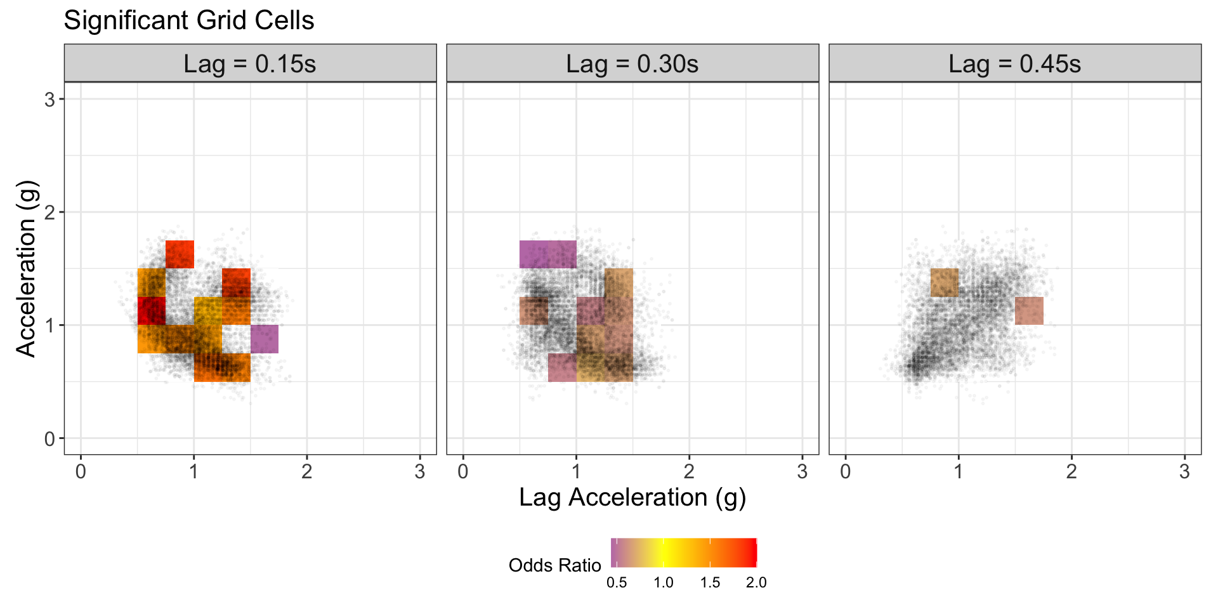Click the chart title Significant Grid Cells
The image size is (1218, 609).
(189, 20)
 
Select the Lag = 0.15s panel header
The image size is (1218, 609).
(250, 64)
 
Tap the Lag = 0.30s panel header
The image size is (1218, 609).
(632, 64)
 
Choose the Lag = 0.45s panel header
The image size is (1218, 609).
(1015, 64)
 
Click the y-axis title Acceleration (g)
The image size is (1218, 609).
(26, 269)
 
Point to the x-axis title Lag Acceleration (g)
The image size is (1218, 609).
(632, 497)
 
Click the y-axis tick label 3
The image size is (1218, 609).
(50, 100)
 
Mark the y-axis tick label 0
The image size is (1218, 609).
(50, 439)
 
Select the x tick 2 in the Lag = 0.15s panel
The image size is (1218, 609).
(307, 472)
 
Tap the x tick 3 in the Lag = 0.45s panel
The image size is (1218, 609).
(1184, 472)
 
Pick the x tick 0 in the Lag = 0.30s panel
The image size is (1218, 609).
(463, 472)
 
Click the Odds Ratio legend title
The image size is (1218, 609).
(554, 565)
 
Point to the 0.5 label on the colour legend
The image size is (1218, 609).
(617, 583)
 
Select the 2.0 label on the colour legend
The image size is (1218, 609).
(756, 583)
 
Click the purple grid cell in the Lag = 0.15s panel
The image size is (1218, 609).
(265, 339)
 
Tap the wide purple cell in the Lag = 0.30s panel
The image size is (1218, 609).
(548, 254)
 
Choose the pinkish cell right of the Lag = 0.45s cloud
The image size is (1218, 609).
(1029, 311)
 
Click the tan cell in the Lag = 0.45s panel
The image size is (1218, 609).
(945, 282)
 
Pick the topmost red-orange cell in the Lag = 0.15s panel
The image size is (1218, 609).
(180, 254)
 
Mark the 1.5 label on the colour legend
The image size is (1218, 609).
(710, 583)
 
